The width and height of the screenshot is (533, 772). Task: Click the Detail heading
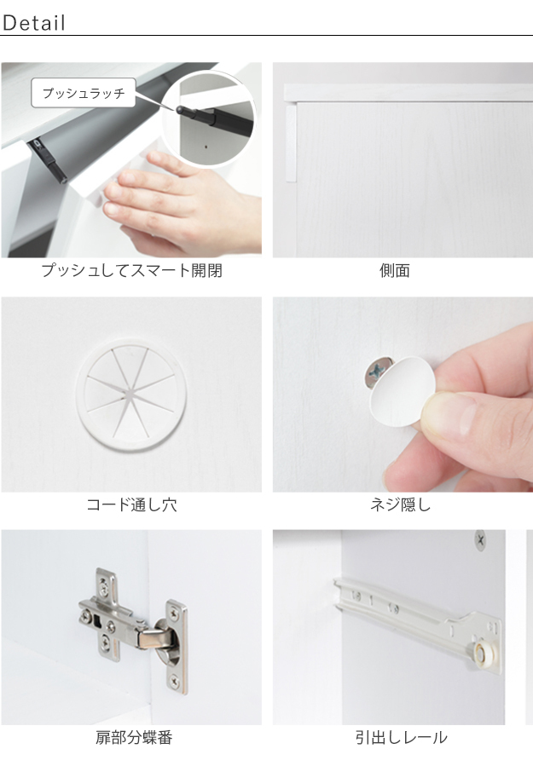point(33,23)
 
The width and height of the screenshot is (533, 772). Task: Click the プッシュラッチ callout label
point(84,93)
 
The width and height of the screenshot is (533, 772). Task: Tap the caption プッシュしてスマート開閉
point(131,270)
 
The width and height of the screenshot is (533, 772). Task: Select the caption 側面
point(395,270)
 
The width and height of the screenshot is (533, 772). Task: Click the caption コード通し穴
point(131,504)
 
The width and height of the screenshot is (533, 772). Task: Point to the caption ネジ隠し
point(401,504)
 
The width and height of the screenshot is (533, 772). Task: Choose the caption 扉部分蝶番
point(134,738)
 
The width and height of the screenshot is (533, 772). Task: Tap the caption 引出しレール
point(401,738)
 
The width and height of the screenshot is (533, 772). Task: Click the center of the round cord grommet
point(131,394)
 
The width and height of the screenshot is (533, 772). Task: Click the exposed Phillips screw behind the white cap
point(376,372)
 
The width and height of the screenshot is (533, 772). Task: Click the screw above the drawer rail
point(480,539)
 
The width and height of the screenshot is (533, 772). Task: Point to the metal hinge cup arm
point(157,637)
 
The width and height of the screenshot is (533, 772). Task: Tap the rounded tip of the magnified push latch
point(180,109)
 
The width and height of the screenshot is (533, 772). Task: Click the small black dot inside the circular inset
point(206,147)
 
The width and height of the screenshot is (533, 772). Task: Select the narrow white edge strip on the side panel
point(291,143)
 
